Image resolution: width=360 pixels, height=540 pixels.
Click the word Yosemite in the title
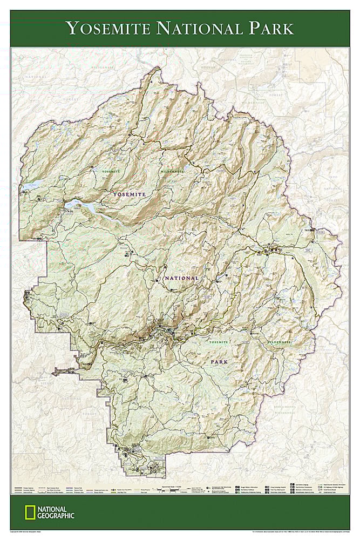[107, 28]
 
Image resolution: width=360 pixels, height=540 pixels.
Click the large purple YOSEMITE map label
[129, 193]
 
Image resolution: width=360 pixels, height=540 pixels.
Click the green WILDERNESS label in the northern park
[172, 171]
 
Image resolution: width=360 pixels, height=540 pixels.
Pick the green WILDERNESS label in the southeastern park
[279, 342]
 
